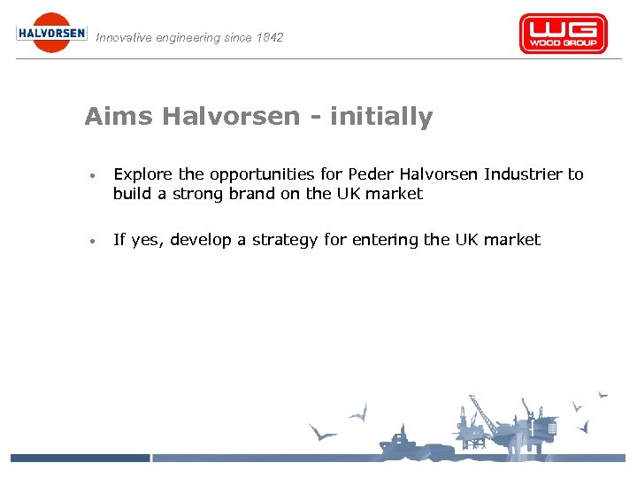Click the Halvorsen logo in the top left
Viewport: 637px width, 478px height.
pos(51,33)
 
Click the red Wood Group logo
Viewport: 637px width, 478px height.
pos(563,34)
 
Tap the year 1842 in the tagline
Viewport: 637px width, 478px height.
pos(268,37)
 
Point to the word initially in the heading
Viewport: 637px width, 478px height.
pos(381,117)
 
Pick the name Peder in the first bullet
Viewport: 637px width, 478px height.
pos(369,174)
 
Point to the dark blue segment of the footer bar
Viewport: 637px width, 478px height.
pos(80,458)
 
